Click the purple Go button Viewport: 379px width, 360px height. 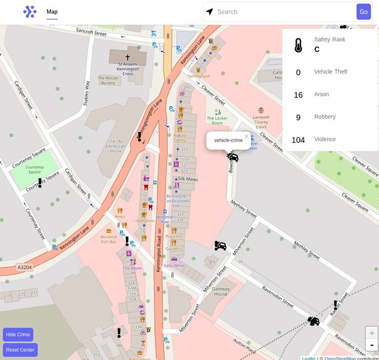click(363, 12)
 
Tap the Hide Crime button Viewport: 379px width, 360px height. click(18, 334)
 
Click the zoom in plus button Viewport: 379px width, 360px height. click(371, 333)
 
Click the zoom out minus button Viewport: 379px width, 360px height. click(371, 344)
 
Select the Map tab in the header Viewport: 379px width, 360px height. click(52, 12)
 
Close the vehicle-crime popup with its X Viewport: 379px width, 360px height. click(247, 135)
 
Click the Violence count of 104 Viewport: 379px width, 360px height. click(298, 140)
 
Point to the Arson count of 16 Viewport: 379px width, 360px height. click(298, 95)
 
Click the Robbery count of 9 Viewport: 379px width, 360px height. click(298, 117)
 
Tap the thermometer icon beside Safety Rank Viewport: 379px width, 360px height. click(298, 45)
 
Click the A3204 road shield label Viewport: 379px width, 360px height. click(24, 267)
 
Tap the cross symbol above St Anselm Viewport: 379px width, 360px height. click(127, 57)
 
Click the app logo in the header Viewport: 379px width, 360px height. click(29, 12)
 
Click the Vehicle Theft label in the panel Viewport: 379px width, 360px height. click(331, 72)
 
